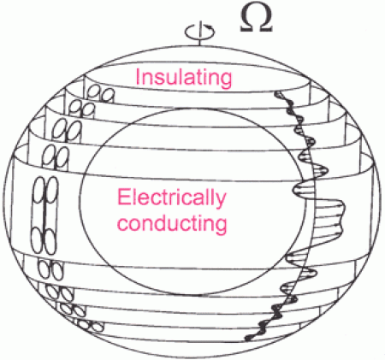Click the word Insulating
click(184, 78)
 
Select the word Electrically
click(171, 198)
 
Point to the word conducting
click(172, 224)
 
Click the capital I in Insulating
click(138, 77)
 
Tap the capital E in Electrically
click(123, 198)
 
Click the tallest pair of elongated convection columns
click(44, 215)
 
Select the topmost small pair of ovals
click(101, 95)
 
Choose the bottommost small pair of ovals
click(91, 326)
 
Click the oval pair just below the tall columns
click(50, 269)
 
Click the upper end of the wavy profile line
click(277, 93)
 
